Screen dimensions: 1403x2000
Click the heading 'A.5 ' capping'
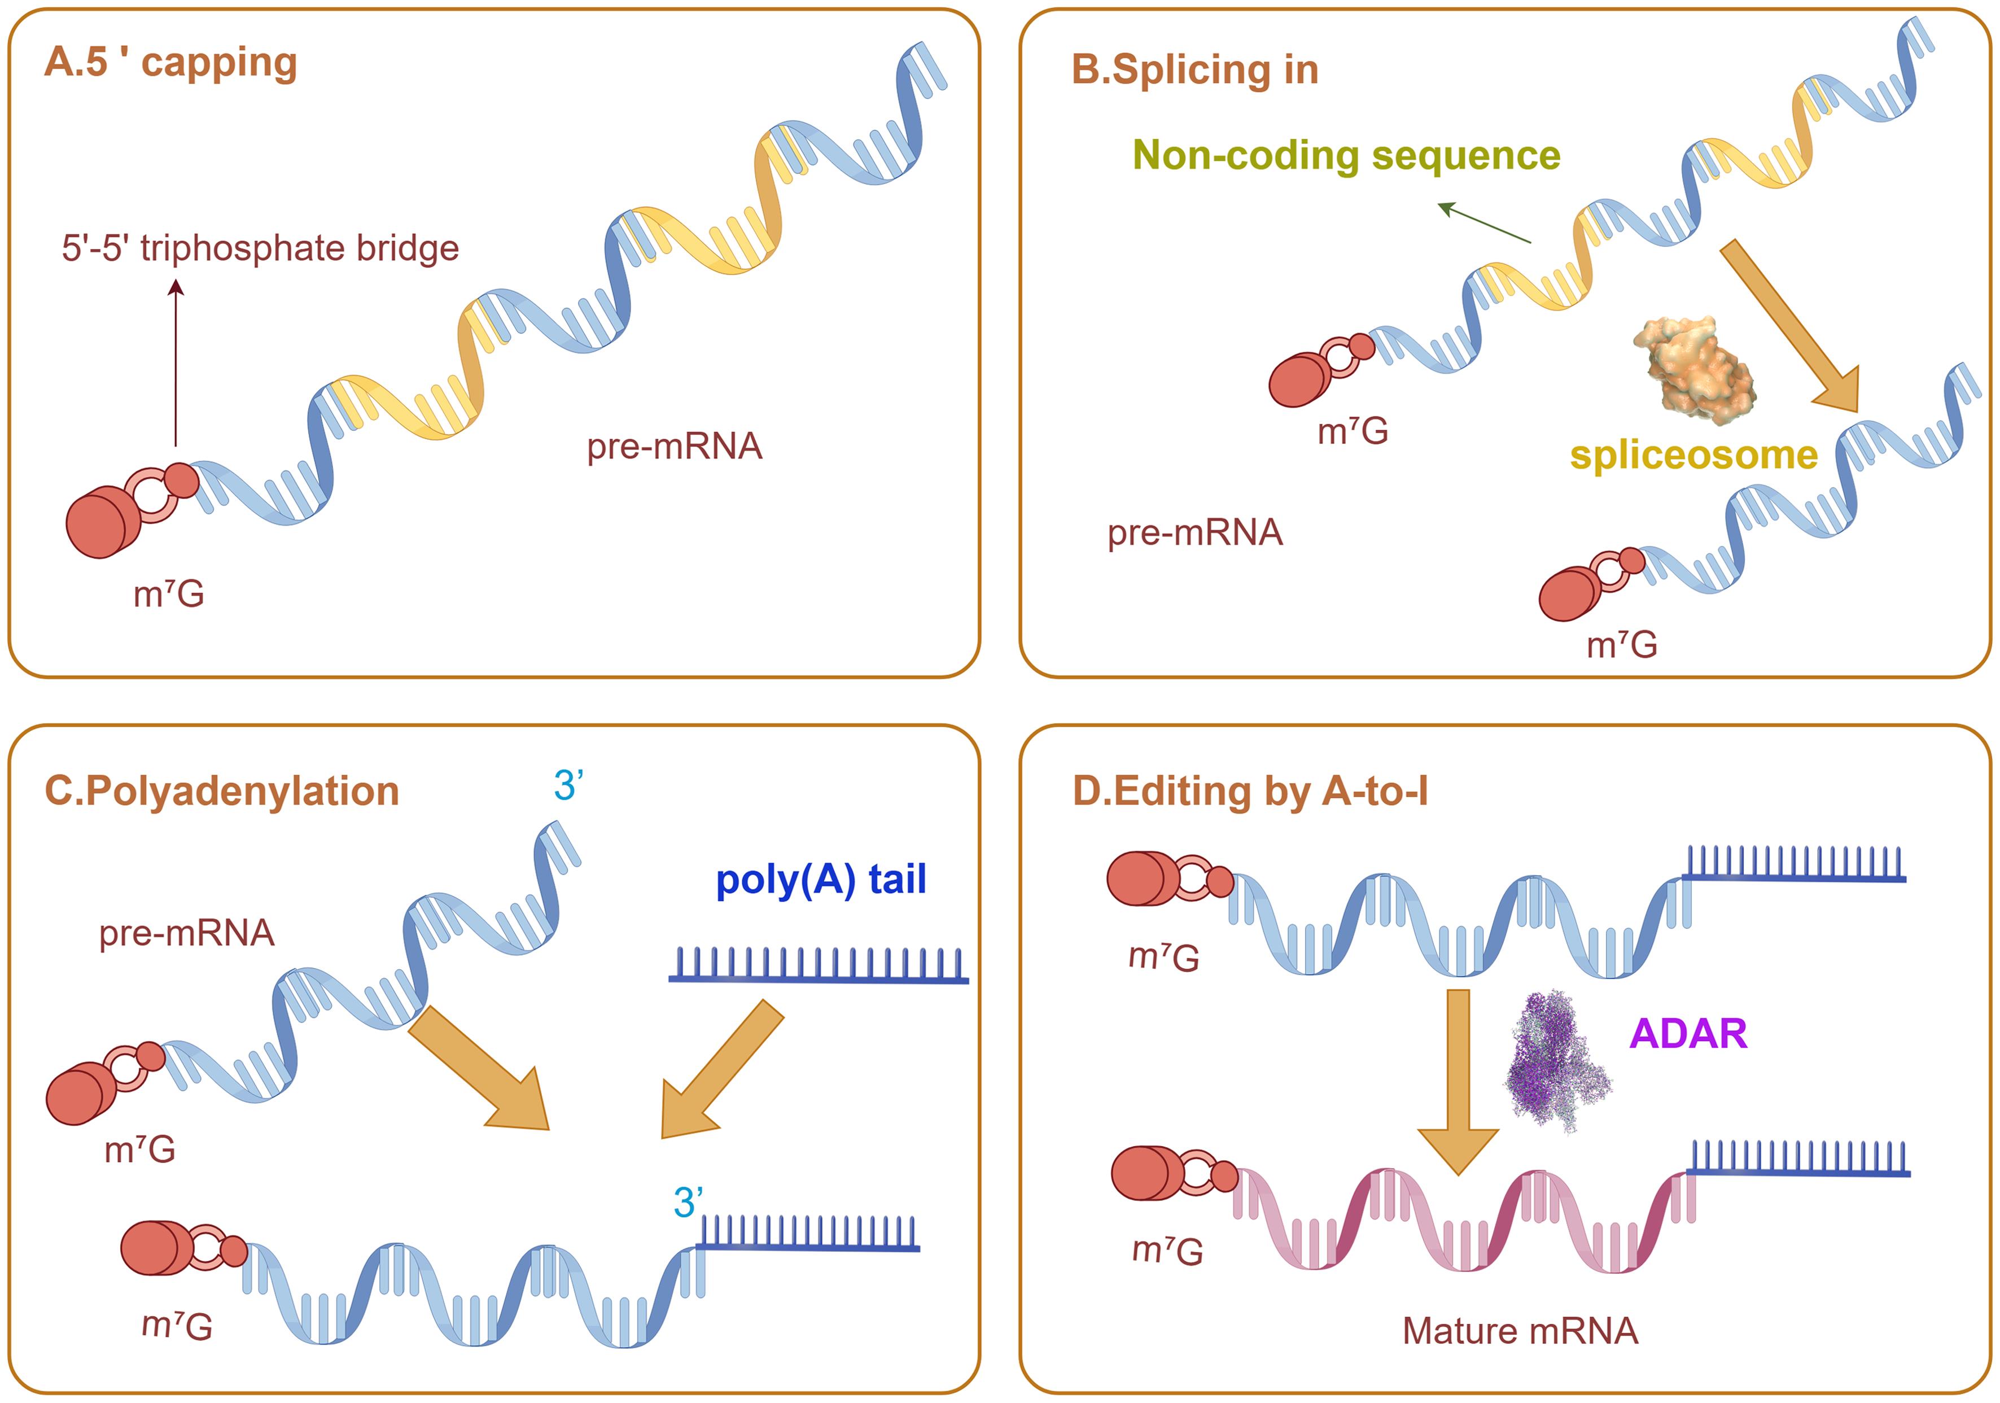170,63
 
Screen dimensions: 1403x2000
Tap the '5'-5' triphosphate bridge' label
260,248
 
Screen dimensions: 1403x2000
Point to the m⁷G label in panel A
169,595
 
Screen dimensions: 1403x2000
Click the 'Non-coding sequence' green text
1346,155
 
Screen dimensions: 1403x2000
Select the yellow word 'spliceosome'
1693,455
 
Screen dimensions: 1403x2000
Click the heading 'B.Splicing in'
1194,69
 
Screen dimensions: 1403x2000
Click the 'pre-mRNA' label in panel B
1194,532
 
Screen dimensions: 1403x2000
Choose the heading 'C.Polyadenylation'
221,791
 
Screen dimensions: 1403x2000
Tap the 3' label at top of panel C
568,785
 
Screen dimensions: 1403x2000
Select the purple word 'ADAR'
1687,1034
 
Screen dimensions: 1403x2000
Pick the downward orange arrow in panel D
1458,1081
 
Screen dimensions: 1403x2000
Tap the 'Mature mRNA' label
1520,1331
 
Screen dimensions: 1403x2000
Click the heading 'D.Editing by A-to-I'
1249,791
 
